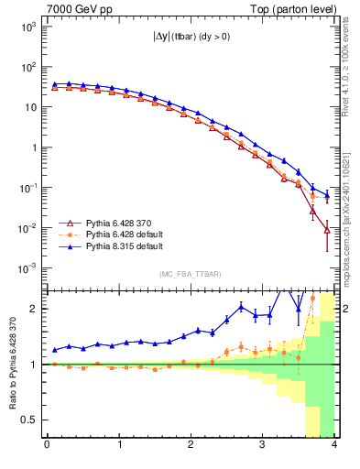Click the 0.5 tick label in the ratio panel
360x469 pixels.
32,420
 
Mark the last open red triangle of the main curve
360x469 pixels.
327,229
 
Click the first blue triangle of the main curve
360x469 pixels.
55,83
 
